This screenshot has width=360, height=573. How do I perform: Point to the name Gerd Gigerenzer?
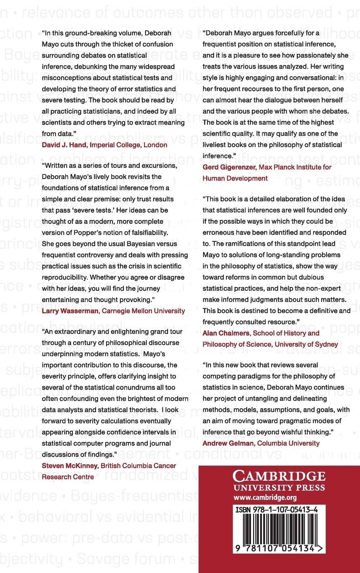point(229,167)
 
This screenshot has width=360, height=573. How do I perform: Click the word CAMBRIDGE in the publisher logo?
point(279,477)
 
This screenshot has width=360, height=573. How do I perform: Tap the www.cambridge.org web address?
point(265,497)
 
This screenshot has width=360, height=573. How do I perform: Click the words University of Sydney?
point(306,344)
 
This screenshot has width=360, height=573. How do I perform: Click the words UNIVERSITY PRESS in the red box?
point(279,488)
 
